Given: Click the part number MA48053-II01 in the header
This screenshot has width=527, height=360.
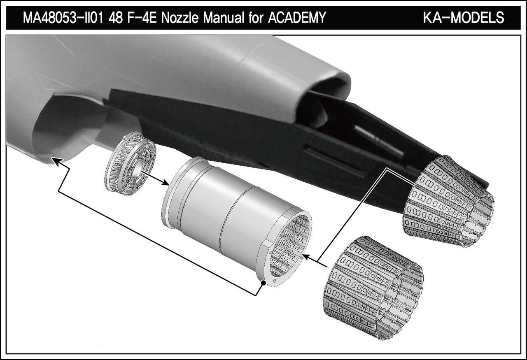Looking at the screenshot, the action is point(63,18).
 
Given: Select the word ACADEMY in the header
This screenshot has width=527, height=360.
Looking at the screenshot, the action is point(297,18).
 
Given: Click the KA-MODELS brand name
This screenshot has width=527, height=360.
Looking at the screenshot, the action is point(464,18).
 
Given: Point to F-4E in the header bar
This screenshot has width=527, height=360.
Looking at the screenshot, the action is point(142,18).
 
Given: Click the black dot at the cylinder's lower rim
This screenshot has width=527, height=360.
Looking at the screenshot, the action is point(263,283).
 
